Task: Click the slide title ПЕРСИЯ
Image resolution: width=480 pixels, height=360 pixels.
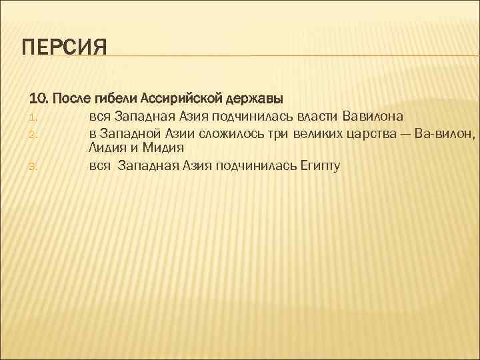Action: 64,49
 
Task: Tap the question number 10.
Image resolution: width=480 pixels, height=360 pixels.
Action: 38,99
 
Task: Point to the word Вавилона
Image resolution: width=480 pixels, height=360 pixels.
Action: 373,117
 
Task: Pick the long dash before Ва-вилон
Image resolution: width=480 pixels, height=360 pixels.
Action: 403,133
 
